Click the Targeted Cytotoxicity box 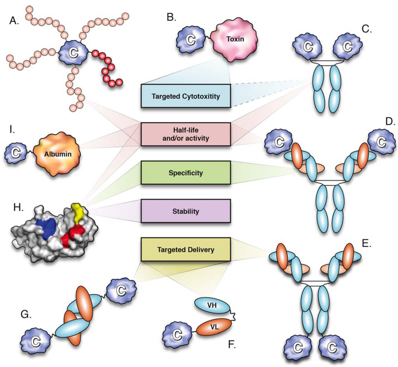coord(186,96)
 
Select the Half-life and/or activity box coord(186,134)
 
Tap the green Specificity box coord(186,173)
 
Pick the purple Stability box coord(186,212)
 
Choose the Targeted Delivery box coord(186,250)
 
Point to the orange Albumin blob coord(57,154)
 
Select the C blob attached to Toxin coord(192,39)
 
